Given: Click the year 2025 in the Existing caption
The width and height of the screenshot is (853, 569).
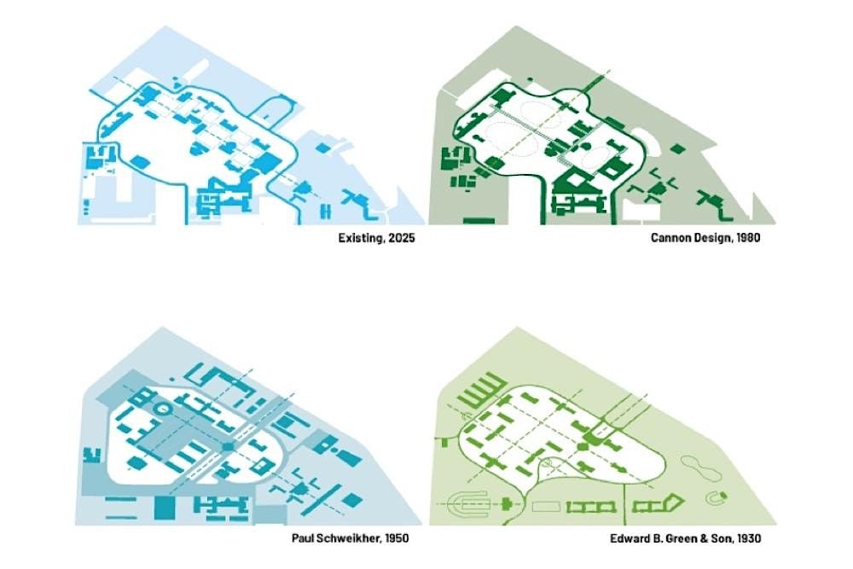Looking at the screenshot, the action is click(402, 238).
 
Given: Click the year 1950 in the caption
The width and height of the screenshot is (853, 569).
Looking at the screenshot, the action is click(396, 538).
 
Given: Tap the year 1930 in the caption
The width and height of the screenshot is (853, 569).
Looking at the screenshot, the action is click(749, 538).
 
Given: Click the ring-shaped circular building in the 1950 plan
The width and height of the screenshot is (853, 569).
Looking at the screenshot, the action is click(163, 408).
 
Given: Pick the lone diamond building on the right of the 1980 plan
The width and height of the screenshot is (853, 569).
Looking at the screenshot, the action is click(677, 148).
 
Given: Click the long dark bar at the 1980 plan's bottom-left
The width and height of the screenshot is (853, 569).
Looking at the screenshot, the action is click(479, 221).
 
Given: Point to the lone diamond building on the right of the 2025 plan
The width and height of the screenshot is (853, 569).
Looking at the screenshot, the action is click(322, 148).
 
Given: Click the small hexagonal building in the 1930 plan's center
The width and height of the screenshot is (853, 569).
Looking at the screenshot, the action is click(582, 447).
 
